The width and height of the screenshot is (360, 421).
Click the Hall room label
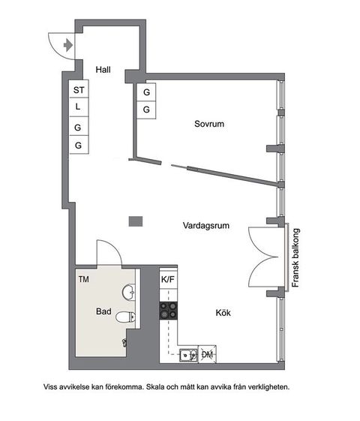point(103,69)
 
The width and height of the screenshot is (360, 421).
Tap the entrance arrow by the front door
point(68,45)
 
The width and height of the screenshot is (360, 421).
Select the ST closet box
point(79,90)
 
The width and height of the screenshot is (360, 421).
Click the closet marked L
point(79,108)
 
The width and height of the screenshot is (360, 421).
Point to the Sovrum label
point(208,125)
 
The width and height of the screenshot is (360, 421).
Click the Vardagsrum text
point(205,224)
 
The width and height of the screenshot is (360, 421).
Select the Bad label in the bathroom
point(103,310)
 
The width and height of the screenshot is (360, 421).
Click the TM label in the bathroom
point(83,279)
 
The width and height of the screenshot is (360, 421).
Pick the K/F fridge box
point(168,280)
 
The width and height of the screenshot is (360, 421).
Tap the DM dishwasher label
point(208,354)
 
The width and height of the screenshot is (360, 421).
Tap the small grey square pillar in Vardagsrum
point(135,221)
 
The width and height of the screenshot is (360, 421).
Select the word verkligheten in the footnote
point(266,387)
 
